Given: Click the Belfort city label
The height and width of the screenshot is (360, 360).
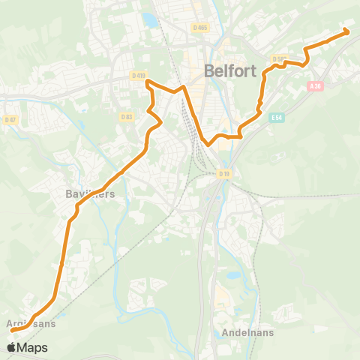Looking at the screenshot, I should coord(230,73).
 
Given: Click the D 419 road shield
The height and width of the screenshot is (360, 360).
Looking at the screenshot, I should coord(137,75).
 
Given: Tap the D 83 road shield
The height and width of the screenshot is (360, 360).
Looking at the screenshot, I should coord(126,116).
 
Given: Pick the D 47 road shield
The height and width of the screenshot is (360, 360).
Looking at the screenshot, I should coord(10,119).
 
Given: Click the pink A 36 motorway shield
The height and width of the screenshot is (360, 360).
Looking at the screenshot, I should coord(315,86).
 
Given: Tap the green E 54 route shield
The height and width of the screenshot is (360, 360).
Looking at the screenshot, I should coord(277,118).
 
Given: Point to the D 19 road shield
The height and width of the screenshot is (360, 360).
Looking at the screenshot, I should coord(223,174).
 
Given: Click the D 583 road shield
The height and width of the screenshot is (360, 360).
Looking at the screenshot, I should coord(279,58).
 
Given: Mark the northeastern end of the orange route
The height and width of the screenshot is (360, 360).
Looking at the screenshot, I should coord(346,31).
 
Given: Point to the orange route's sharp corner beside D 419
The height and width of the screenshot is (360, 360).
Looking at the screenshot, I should coord(147,81).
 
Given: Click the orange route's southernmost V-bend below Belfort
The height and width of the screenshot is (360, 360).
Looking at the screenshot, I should coord(206,142).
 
